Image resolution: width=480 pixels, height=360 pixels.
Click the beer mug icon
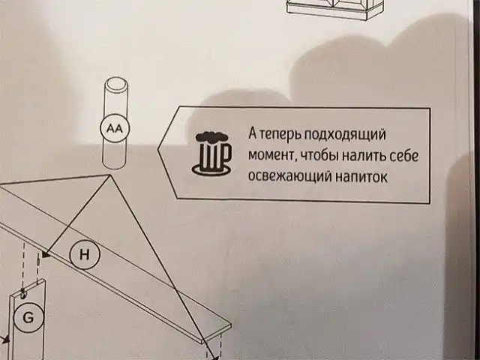pyautogui.click(x=213, y=153)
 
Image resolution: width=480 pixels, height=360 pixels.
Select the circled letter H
pyautogui.click(x=84, y=255)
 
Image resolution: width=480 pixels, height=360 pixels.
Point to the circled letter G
pyautogui.click(x=28, y=318)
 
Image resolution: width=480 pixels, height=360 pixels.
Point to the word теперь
pyautogui.click(x=282, y=135)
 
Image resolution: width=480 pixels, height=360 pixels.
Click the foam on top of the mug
pyautogui.click(x=212, y=137)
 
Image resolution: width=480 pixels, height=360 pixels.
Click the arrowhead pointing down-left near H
pyautogui.click(x=44, y=256)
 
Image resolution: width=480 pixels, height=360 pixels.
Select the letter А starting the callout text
pyautogui.click(x=253, y=135)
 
